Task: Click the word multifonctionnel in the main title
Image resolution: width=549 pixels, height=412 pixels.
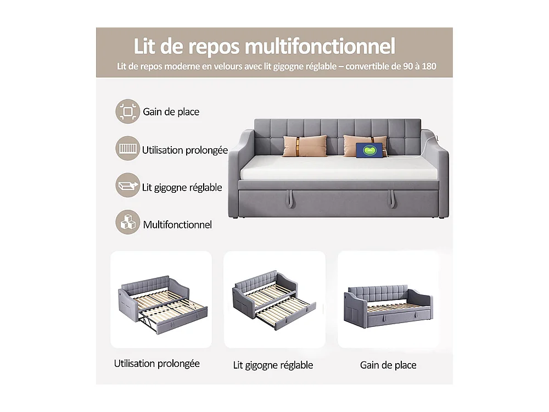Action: point(320,47)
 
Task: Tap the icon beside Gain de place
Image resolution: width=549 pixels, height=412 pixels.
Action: point(128,112)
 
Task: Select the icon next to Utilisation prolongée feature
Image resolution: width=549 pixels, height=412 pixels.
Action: point(128,149)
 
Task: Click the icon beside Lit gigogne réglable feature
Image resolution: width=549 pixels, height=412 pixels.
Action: point(128,186)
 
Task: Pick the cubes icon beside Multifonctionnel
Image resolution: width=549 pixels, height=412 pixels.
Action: point(128,224)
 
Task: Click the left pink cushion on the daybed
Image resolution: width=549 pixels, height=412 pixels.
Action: point(305,146)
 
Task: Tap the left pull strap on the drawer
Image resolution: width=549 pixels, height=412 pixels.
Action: point(289,199)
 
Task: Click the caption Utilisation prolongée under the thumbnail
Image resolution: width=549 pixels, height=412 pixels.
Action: point(157,364)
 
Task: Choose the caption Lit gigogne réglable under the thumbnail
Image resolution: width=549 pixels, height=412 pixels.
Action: point(273,365)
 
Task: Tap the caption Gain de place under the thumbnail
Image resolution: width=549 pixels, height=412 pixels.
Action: point(388,365)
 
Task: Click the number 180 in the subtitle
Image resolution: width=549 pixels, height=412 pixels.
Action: point(428,66)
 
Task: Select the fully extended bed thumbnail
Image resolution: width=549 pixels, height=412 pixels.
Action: point(161,300)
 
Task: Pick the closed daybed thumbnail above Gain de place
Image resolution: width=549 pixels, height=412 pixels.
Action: point(388,300)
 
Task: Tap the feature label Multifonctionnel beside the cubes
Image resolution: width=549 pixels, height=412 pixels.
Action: point(177,225)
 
